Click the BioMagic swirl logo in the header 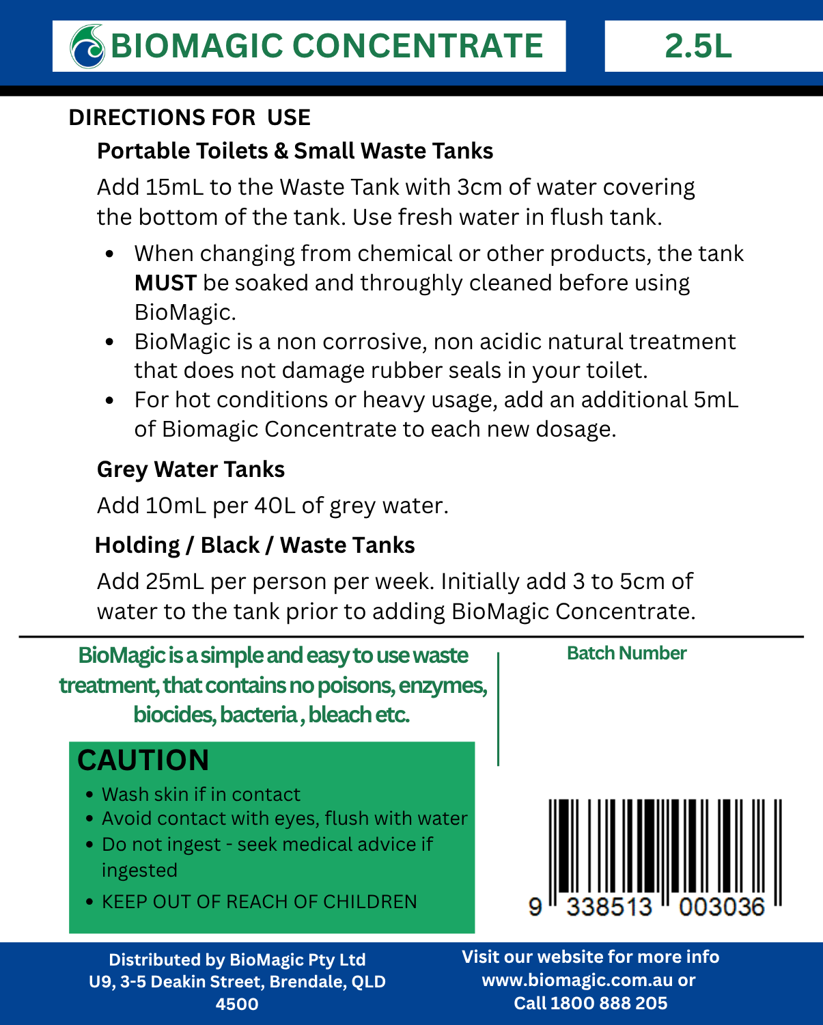click(87, 46)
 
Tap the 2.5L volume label click(698, 46)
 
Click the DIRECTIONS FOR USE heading click(189, 118)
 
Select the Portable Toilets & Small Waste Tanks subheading click(295, 151)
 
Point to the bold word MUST click(165, 283)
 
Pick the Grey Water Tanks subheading click(191, 469)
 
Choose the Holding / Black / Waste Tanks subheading click(255, 545)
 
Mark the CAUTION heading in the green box click(143, 760)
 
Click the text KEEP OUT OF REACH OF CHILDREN click(259, 902)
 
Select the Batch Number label click(626, 653)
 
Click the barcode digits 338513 click(609, 907)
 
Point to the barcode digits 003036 click(721, 907)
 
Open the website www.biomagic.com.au click(578, 981)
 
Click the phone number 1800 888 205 click(609, 1003)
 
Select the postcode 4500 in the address click(237, 1004)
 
